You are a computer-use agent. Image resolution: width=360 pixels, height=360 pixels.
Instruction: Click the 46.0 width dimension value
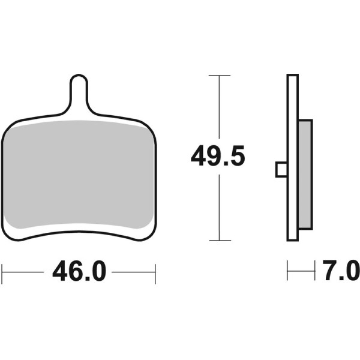click(x=79, y=272)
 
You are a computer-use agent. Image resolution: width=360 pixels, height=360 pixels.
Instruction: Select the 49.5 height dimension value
click(x=218, y=157)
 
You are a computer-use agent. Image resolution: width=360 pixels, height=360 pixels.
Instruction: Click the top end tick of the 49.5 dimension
click(x=220, y=76)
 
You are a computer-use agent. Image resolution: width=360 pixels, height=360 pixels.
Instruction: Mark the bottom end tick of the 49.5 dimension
click(x=220, y=240)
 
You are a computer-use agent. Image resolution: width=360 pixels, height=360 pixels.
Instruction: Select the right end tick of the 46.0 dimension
click(x=155, y=272)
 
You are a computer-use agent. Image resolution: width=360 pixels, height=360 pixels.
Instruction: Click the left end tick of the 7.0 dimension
click(x=287, y=271)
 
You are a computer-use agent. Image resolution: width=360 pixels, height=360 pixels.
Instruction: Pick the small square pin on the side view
click(x=281, y=170)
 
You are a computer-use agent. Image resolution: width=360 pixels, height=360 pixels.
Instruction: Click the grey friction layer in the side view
click(x=305, y=174)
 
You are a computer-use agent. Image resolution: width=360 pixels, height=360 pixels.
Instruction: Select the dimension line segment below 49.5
click(x=220, y=207)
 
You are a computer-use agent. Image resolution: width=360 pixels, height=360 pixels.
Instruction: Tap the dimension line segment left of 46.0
click(x=24, y=272)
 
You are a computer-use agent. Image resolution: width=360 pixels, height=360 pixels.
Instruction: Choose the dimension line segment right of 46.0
click(x=134, y=272)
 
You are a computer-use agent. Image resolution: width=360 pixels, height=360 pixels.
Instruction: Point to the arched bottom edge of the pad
click(x=79, y=231)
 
